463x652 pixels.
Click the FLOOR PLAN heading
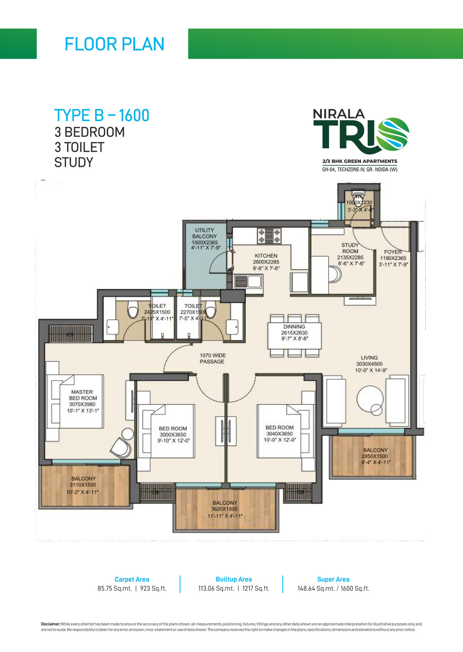(x=114, y=44)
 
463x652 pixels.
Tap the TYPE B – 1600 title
(x=102, y=115)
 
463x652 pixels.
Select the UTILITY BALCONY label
(x=204, y=233)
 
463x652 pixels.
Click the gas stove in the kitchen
(x=269, y=236)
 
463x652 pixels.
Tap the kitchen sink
(x=248, y=281)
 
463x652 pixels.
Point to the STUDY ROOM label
(x=350, y=248)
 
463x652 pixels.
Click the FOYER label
(x=393, y=252)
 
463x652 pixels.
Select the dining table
(x=294, y=335)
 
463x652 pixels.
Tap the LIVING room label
(x=369, y=358)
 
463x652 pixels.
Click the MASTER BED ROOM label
(x=83, y=395)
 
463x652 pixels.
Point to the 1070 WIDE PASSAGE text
(x=212, y=358)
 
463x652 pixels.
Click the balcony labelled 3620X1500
(x=225, y=509)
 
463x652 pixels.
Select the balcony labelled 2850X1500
(x=375, y=456)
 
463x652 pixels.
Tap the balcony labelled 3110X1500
(x=83, y=485)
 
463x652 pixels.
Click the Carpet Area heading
(x=132, y=579)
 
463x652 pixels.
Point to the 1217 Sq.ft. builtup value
(x=256, y=589)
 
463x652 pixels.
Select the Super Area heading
(x=333, y=579)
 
